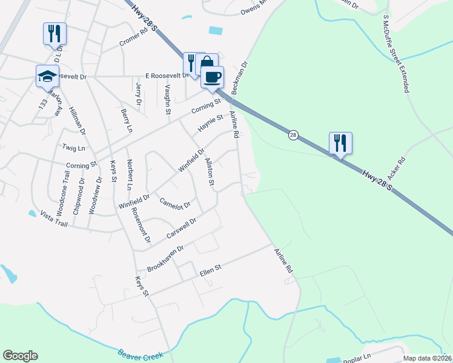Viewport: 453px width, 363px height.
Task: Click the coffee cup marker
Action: click(x=212, y=77)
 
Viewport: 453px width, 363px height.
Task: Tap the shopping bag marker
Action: click(x=207, y=64)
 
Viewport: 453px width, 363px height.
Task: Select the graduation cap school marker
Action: click(x=47, y=76)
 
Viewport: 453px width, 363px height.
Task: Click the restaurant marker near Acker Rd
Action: click(x=340, y=143)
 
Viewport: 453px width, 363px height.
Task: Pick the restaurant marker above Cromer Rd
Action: click(x=55, y=34)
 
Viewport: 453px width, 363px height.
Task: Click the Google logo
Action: click(x=20, y=356)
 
